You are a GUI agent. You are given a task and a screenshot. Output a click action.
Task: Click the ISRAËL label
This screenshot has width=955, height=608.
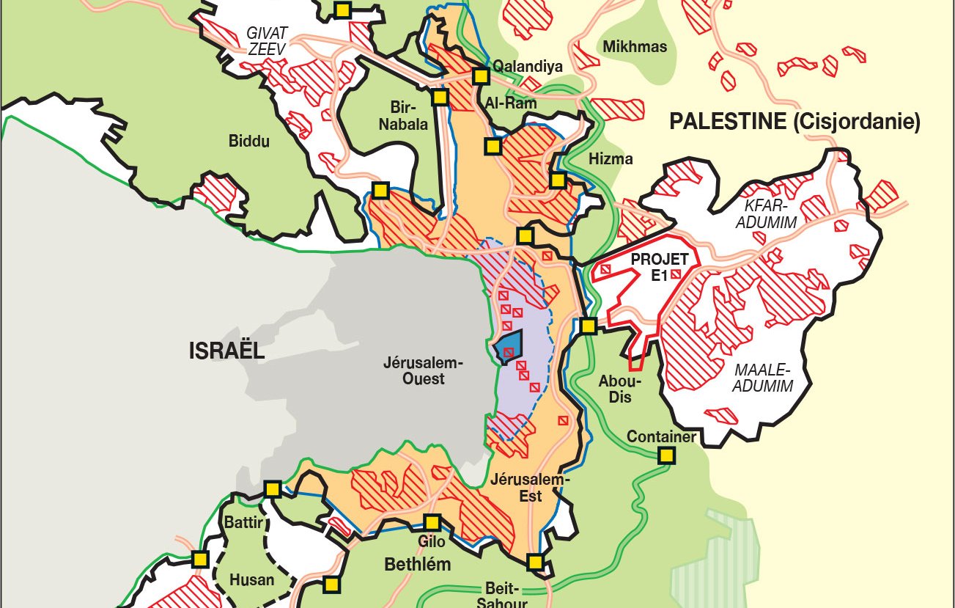226,351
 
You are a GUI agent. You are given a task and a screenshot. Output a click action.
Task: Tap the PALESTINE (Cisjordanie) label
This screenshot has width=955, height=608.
794,122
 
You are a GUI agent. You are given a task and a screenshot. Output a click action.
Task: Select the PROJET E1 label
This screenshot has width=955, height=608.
660,267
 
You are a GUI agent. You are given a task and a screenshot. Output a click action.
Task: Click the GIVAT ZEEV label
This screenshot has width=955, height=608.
268,40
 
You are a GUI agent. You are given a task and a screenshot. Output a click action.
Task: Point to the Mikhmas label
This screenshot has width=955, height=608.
635,47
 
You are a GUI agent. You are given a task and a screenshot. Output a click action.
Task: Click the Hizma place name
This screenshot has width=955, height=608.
610,158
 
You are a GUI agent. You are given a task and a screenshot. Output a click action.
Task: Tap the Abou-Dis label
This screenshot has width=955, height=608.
619,389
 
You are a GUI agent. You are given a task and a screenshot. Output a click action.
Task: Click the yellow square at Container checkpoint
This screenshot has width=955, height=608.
666,456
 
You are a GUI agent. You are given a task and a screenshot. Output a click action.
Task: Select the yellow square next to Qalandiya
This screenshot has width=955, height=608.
481,76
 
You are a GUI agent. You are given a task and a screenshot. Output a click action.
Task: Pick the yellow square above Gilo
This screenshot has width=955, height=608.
432,522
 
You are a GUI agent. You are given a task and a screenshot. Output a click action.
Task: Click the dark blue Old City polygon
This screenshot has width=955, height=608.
509,346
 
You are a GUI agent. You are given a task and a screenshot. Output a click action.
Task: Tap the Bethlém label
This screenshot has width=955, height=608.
418,565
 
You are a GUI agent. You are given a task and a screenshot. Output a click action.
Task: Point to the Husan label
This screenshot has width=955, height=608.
251,579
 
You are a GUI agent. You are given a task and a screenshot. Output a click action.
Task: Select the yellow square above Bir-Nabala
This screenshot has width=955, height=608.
440,97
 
